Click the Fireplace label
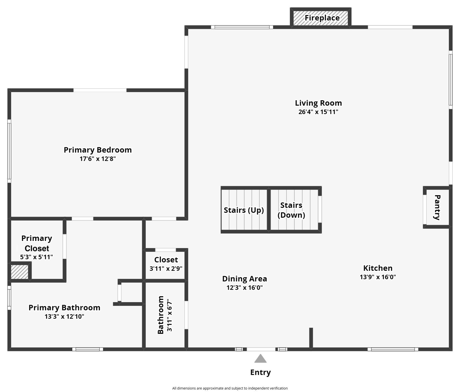click(x=322, y=18)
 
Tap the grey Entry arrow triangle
click(x=260, y=359)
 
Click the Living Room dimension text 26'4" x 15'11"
click(x=318, y=112)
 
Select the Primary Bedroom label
click(x=98, y=150)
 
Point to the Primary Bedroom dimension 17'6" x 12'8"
click(x=98, y=159)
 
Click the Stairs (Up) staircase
click(x=244, y=210)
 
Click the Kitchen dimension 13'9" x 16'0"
click(x=378, y=277)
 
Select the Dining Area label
click(x=244, y=279)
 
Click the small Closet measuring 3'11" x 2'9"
click(x=166, y=264)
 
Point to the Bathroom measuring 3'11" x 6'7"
click(x=165, y=315)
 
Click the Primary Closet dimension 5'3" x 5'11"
click(x=37, y=257)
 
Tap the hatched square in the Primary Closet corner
click(x=19, y=272)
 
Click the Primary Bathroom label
click(x=64, y=308)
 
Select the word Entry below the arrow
click(x=260, y=372)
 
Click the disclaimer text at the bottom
click(x=230, y=388)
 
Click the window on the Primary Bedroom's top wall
click(x=100, y=90)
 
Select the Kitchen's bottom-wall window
click(x=393, y=349)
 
